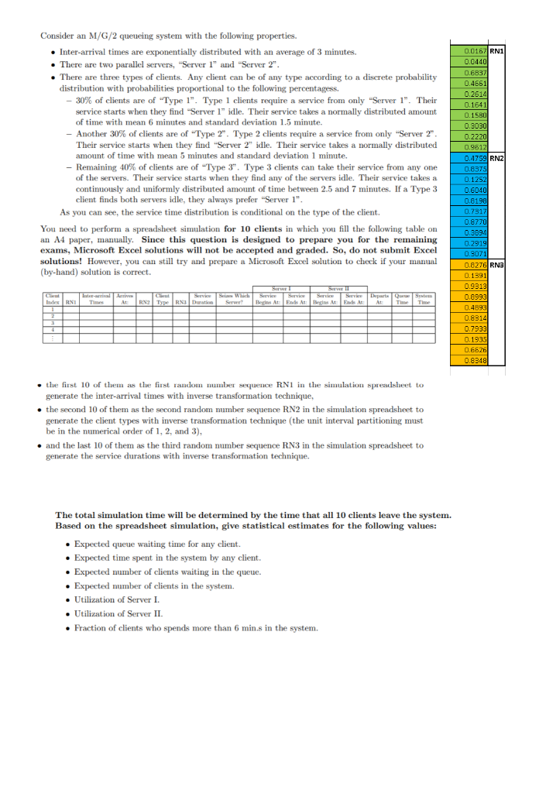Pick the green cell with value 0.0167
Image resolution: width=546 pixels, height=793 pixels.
pyautogui.click(x=474, y=51)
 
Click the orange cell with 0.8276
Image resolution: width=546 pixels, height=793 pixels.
pyautogui.click(x=474, y=264)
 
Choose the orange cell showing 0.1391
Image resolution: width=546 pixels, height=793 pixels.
pyautogui.click(x=474, y=275)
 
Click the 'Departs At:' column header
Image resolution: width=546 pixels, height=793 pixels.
pyautogui.click(x=380, y=298)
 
